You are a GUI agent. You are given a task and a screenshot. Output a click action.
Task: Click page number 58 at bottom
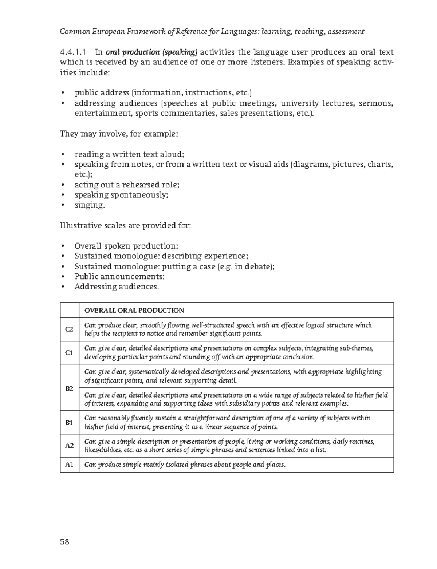[64, 541]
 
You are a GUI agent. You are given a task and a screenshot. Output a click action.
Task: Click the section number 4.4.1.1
[74, 52]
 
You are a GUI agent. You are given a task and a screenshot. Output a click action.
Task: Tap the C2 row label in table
[69, 329]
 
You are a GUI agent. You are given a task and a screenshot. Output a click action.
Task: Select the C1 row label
[69, 353]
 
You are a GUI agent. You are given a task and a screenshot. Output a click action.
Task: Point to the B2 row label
[69, 388]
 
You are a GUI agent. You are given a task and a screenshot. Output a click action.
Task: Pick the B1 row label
[69, 423]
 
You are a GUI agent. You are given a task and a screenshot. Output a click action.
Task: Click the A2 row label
[69, 446]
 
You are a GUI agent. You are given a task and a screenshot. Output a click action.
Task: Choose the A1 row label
[69, 465]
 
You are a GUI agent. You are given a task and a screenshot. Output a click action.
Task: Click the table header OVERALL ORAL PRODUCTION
[134, 311]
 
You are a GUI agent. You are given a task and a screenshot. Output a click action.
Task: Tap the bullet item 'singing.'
[90, 205]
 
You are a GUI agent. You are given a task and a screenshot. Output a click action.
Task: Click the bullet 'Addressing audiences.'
[117, 287]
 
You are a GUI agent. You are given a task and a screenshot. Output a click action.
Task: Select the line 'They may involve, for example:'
[119, 134]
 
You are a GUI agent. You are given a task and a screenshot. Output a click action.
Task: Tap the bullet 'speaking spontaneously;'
[122, 195]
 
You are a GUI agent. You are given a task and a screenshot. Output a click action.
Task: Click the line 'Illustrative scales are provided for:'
[125, 226]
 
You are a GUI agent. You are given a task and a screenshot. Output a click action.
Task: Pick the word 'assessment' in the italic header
[346, 32]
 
